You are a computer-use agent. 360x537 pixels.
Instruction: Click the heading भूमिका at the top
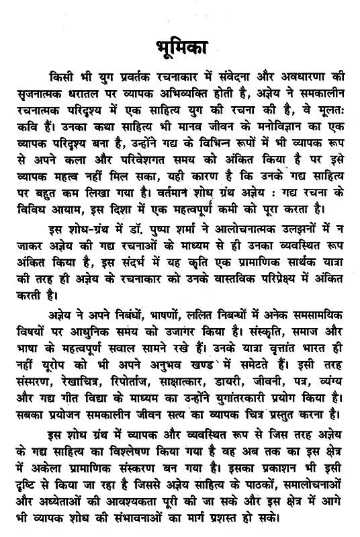[x=180, y=50]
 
